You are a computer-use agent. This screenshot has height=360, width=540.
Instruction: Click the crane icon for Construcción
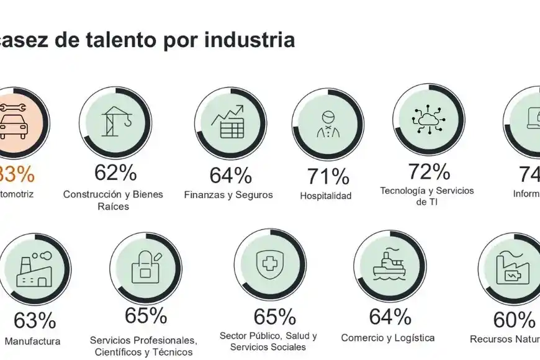[x=116, y=122]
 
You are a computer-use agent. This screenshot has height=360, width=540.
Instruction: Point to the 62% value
[x=115, y=173]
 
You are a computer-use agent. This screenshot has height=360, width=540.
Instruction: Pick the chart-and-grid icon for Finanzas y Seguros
[x=228, y=122]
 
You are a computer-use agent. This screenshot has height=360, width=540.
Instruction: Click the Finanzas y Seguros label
[x=228, y=195]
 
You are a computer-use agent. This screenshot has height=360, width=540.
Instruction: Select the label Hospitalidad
[x=326, y=196]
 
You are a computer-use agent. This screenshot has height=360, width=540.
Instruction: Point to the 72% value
[x=428, y=171]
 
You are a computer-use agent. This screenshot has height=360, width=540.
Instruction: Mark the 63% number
[x=35, y=321]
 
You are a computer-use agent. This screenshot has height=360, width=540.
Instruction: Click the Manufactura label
[x=32, y=341]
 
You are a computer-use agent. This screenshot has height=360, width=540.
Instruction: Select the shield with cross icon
[x=269, y=264]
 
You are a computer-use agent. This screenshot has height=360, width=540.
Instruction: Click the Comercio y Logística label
[x=388, y=338]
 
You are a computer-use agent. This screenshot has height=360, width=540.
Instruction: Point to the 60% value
[x=513, y=320]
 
